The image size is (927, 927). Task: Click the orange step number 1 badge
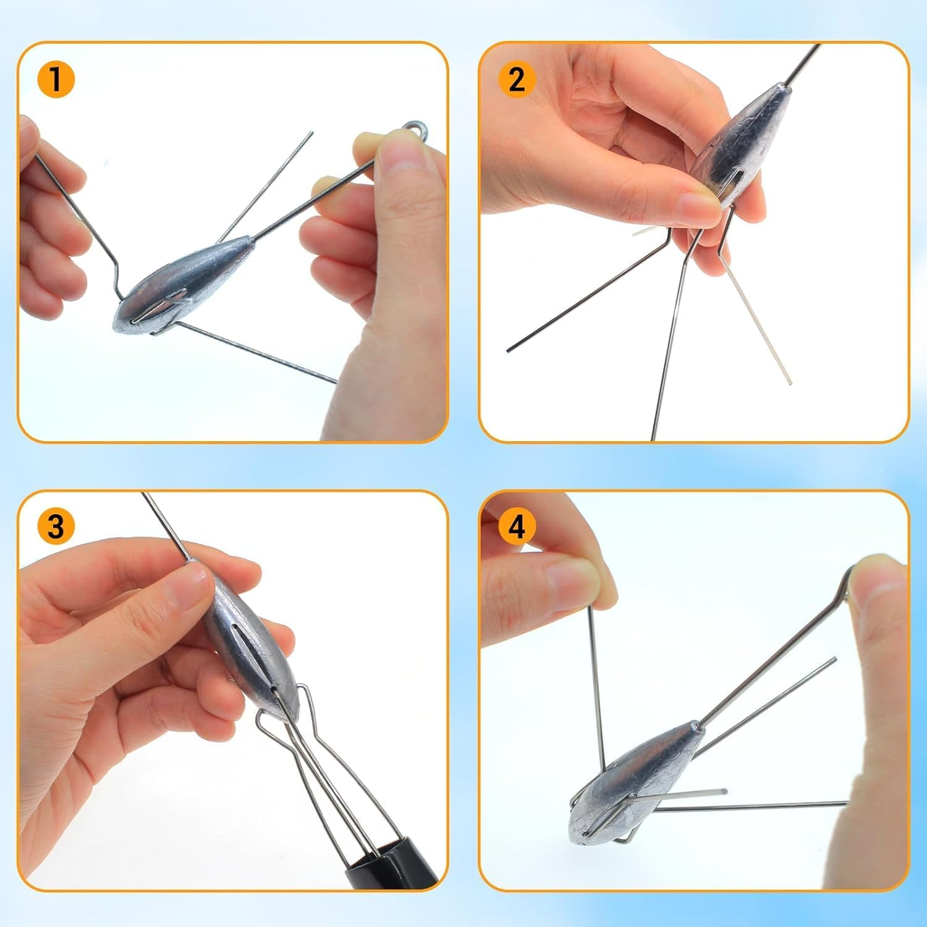(x=56, y=80)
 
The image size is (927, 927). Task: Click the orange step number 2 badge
(x=517, y=80)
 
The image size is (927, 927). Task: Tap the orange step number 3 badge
(x=56, y=527)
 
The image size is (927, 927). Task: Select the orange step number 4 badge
(x=517, y=527)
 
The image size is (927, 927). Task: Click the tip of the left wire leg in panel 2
(x=509, y=350)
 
